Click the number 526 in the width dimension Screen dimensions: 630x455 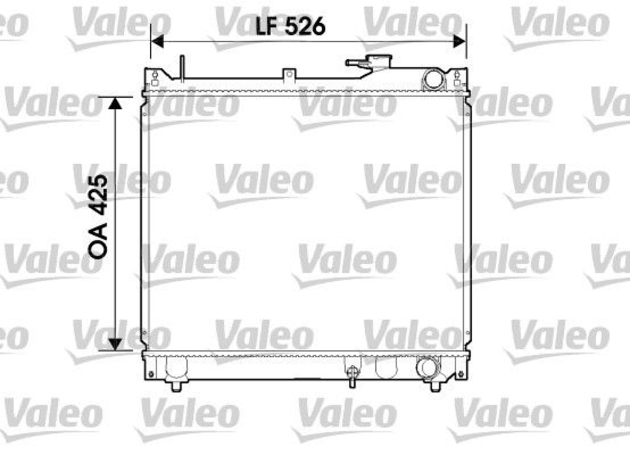coord(306,26)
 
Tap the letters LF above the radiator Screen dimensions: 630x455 coord(268,26)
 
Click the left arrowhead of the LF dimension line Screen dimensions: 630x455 coord(157,41)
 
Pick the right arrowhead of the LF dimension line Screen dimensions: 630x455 coord(460,41)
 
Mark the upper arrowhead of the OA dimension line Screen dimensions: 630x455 coord(115,103)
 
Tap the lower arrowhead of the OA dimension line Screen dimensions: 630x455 coord(115,344)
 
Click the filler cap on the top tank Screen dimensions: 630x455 coord(369,63)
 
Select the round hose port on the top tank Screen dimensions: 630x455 coord(433,79)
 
